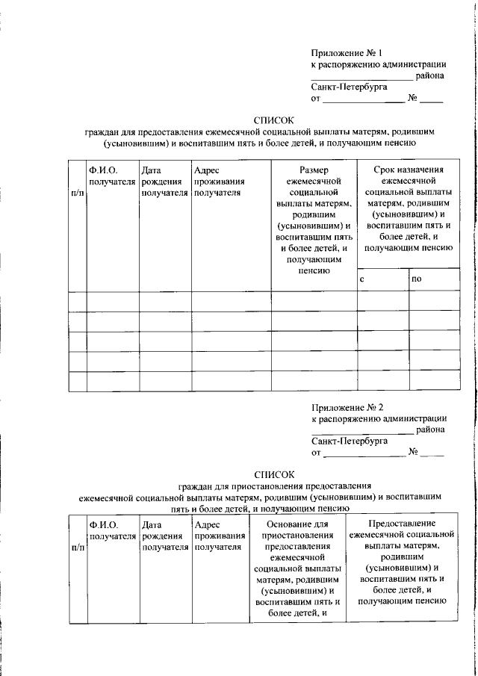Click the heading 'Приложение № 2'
(x=347, y=408)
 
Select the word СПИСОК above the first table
(x=274, y=120)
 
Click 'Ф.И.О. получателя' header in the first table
(x=111, y=176)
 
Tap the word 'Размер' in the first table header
(x=313, y=170)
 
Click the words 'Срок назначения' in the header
(x=408, y=170)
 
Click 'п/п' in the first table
(x=77, y=192)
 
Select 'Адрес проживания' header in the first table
(x=219, y=176)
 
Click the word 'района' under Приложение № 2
(x=431, y=430)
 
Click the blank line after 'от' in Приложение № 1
(x=363, y=99)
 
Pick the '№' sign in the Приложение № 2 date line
(x=412, y=452)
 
